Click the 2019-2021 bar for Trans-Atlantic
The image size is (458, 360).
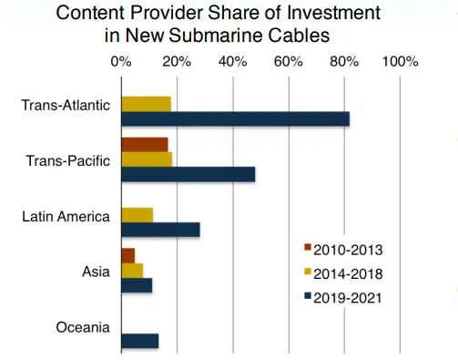(x=235, y=119)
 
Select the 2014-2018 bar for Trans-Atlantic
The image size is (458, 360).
(x=146, y=104)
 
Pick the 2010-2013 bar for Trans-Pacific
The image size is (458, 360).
(x=144, y=145)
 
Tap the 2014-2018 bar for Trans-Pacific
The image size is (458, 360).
(x=146, y=159)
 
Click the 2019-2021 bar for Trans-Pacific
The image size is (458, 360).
(x=188, y=175)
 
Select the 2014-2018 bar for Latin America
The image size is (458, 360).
(x=137, y=215)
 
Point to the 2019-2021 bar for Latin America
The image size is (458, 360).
(x=159, y=231)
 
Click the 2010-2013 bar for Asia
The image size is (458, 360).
(x=127, y=255)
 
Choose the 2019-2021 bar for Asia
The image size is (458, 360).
(x=136, y=285)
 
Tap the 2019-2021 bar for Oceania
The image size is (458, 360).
(x=139, y=341)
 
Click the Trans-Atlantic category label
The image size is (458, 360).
(x=66, y=105)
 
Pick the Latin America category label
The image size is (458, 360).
(x=66, y=216)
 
